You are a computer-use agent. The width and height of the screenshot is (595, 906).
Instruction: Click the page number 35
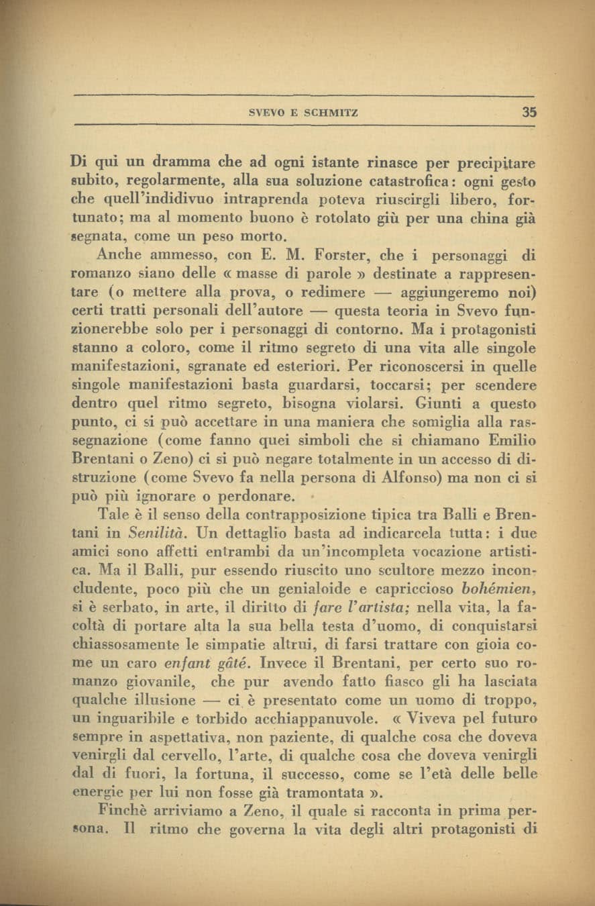coord(529,113)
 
